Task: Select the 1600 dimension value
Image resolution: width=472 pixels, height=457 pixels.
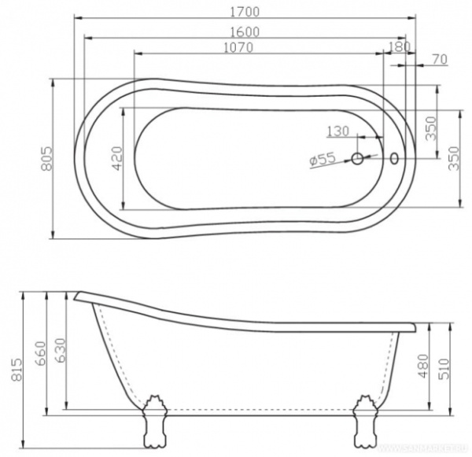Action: click(x=245, y=31)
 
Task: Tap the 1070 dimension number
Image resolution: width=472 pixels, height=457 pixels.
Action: click(x=236, y=48)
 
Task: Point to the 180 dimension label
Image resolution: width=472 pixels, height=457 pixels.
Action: click(x=400, y=48)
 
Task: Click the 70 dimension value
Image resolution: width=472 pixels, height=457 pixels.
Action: click(x=440, y=59)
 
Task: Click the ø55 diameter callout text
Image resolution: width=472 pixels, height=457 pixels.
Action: click(x=323, y=160)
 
